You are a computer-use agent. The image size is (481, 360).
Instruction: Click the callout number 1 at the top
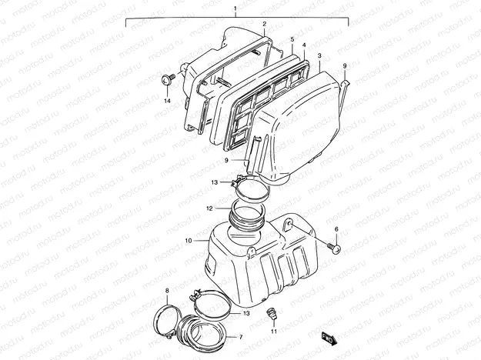[235, 8]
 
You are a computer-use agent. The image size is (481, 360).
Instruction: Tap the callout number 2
[265, 24]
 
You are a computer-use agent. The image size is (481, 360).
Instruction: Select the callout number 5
[292, 38]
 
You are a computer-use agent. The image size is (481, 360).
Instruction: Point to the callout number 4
[304, 45]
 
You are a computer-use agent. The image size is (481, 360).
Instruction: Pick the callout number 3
[319, 56]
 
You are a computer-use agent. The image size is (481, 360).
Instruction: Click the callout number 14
[166, 100]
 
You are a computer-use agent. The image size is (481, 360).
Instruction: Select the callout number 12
[209, 208]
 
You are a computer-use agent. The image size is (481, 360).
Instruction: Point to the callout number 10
[189, 241]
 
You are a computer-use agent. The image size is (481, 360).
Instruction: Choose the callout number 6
[336, 230]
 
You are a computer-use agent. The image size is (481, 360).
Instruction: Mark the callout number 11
[272, 331]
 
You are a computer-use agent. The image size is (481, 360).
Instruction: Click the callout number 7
[240, 336]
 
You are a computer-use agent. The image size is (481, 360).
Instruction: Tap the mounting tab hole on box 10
[287, 225]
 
